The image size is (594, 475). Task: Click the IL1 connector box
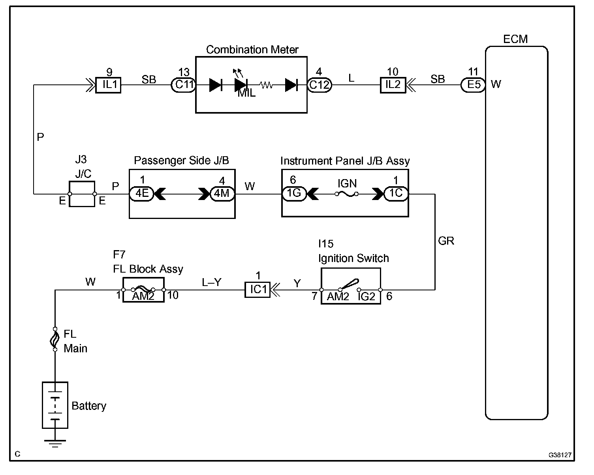(108, 85)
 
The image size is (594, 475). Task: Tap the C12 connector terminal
(319, 85)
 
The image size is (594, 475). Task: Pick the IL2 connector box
(393, 85)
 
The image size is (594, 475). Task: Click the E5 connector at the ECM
(473, 85)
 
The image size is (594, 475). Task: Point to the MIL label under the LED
(246, 94)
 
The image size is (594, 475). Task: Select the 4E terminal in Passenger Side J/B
(142, 194)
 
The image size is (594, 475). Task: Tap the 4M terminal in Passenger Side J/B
(222, 194)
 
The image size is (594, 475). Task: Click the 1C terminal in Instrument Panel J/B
(396, 194)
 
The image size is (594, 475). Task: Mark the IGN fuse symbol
(346, 194)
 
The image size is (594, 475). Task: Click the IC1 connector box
(258, 290)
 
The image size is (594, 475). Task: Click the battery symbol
(55, 405)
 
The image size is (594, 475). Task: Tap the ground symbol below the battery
(55, 443)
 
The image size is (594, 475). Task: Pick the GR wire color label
(446, 241)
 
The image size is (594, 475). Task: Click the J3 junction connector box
(82, 194)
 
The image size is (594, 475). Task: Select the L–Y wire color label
(212, 282)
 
